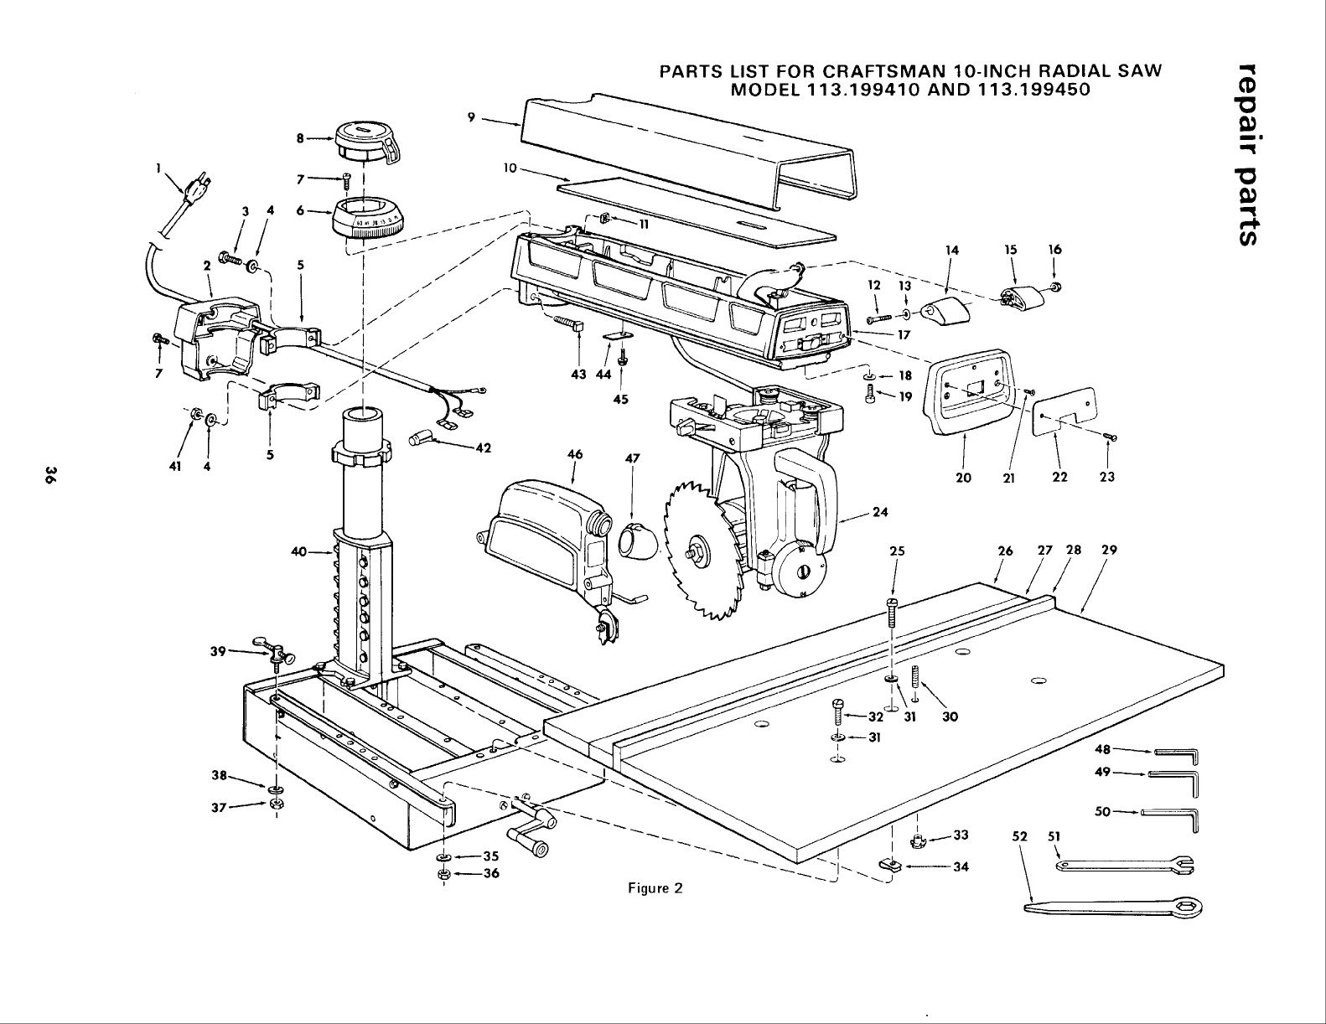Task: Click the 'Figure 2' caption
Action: (655, 888)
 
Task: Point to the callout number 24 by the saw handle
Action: (880, 512)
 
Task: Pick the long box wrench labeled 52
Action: (1115, 906)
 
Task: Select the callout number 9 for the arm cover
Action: (472, 117)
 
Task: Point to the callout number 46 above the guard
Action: (574, 454)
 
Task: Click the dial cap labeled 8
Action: (365, 140)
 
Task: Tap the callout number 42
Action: (483, 447)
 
